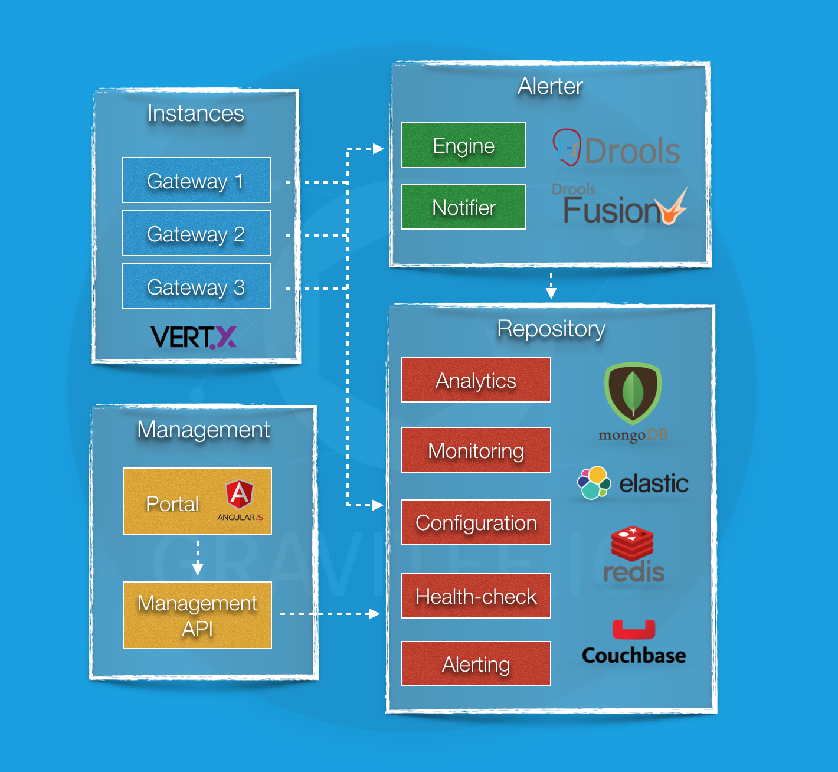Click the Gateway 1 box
click(196, 180)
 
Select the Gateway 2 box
click(196, 233)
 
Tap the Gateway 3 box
click(196, 286)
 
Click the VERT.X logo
click(194, 338)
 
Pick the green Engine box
click(463, 145)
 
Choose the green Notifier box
click(463, 207)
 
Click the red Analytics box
click(476, 380)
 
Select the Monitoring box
click(476, 450)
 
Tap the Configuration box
click(476, 522)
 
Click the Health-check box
click(476, 596)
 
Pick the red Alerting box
click(476, 664)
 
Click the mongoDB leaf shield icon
click(633, 392)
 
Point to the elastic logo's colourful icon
click(594, 483)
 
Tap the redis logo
click(633, 555)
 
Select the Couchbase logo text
click(634, 656)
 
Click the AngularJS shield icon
click(240, 495)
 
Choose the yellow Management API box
click(197, 616)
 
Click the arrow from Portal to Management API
click(198, 558)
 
